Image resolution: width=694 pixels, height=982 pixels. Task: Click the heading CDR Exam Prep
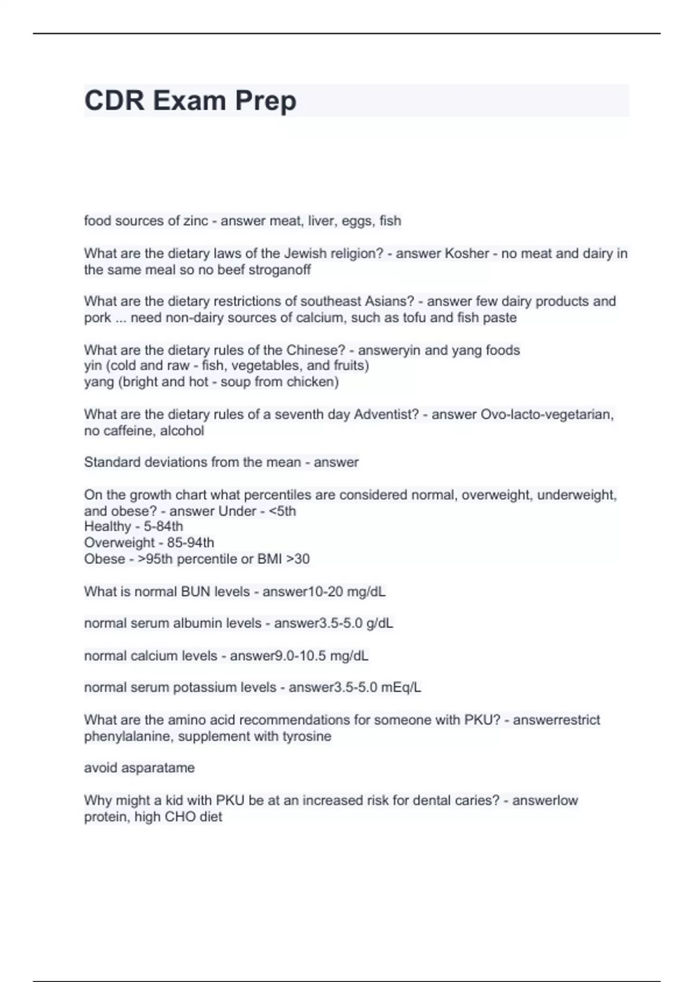[190, 101]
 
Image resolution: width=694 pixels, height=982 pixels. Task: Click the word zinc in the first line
[195, 221]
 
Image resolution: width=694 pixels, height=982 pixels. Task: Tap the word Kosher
[466, 254]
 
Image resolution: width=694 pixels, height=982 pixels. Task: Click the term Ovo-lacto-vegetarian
[547, 414]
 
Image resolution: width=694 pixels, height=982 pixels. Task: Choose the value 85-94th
[190, 542]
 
